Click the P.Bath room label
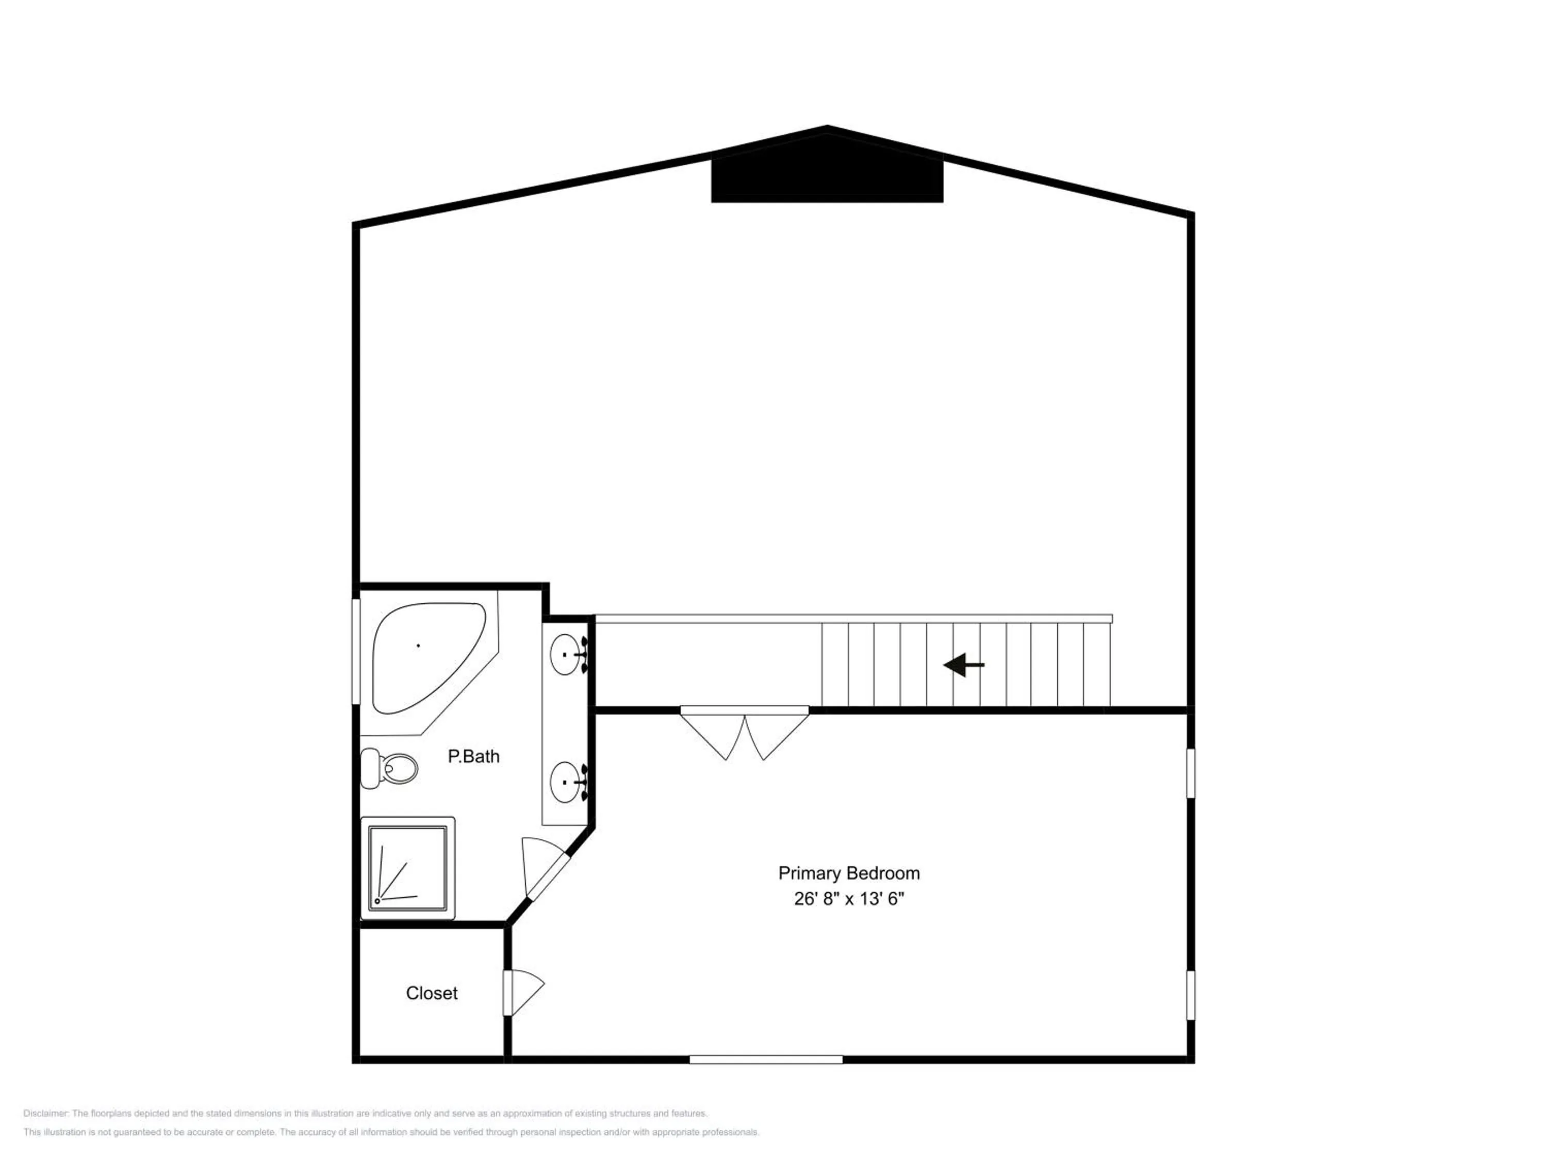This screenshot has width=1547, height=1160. pyautogui.click(x=473, y=756)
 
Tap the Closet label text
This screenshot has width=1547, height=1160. pyautogui.click(x=432, y=993)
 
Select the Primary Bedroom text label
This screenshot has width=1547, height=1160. pyautogui.click(x=848, y=873)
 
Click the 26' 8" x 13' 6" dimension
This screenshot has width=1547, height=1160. pyautogui.click(x=848, y=899)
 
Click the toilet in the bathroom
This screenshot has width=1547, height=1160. pyautogui.click(x=390, y=769)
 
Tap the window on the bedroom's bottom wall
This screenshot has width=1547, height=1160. pyautogui.click(x=766, y=1059)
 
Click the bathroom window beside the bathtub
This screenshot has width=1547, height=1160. pyautogui.click(x=355, y=650)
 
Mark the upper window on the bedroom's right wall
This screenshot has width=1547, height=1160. pyautogui.click(x=1190, y=773)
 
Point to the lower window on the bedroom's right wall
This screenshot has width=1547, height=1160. pyautogui.click(x=1190, y=995)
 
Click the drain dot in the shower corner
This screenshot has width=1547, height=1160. pyautogui.click(x=377, y=901)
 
